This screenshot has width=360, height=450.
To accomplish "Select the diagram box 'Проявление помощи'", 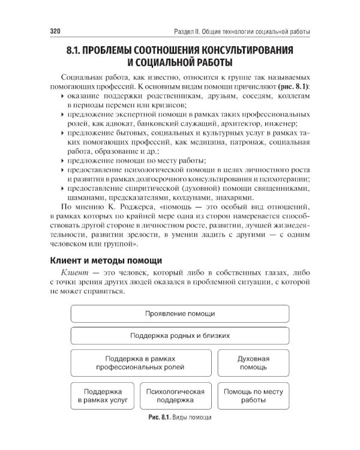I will [180, 314].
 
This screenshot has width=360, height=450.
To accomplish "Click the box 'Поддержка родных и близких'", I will [180, 335].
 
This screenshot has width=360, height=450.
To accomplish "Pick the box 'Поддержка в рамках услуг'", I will [103, 395].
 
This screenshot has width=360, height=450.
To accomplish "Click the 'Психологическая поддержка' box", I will [175, 395].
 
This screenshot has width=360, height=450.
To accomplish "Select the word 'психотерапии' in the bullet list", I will [287, 179].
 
